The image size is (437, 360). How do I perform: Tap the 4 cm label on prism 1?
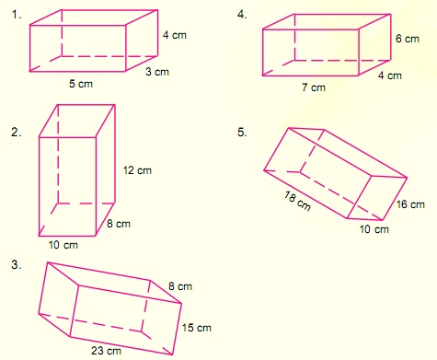(x=176, y=35)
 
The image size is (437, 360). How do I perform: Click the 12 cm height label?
(x=138, y=171)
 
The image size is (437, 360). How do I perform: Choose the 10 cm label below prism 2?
(x=64, y=245)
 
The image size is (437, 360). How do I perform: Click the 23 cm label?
(x=107, y=351)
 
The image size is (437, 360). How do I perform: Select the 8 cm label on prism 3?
(x=179, y=286)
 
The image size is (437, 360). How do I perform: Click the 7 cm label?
(x=314, y=87)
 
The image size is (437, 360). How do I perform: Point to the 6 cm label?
(x=408, y=40)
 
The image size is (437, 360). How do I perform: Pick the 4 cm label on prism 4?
(x=388, y=75)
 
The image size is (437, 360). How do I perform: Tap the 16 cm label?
(x=411, y=204)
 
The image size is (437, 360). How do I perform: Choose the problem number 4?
(x=242, y=14)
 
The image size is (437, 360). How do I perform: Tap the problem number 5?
(x=242, y=133)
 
